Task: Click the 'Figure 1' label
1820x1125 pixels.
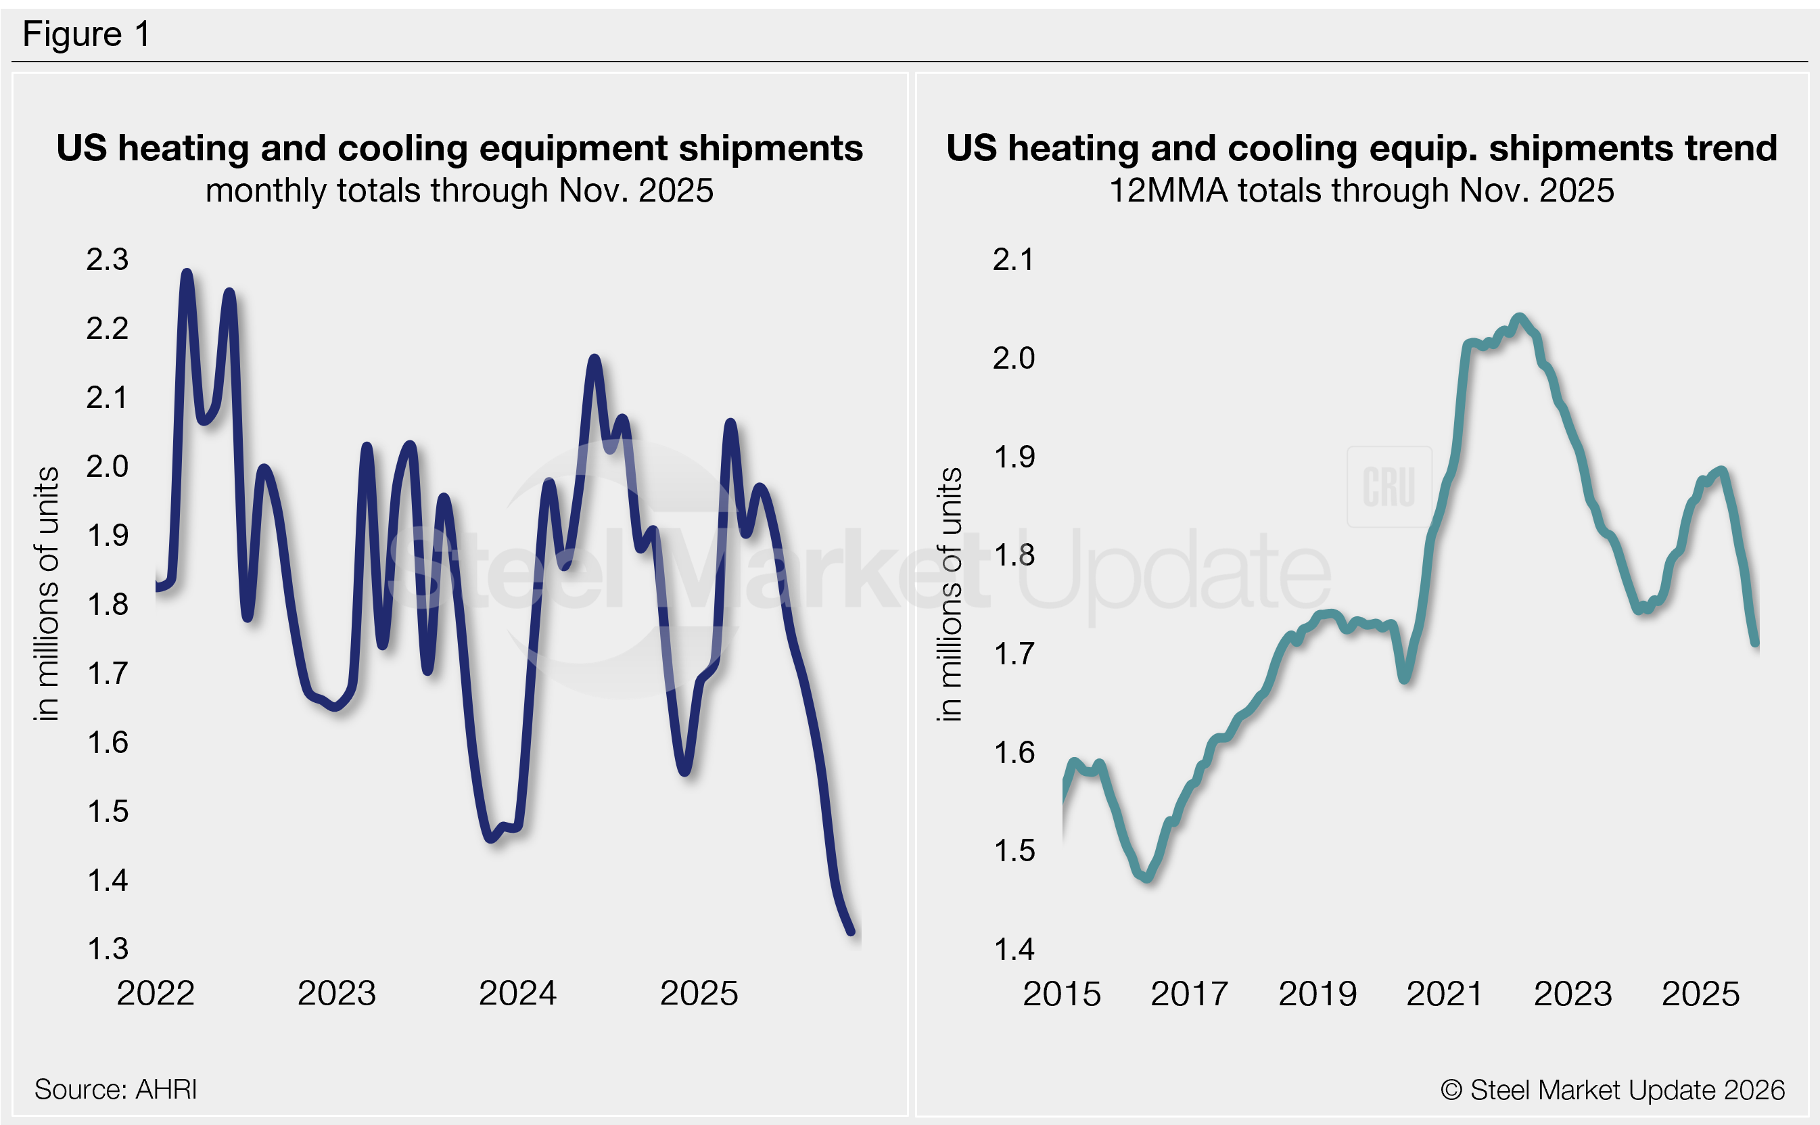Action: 87,35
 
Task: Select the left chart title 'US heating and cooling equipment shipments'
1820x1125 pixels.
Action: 460,148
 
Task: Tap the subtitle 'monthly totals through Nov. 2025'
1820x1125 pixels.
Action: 460,191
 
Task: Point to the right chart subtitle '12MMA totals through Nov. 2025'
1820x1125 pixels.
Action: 1361,191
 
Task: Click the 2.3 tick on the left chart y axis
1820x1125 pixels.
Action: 107,260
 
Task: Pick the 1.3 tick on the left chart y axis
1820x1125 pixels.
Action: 107,949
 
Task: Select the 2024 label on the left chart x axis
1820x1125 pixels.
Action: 517,993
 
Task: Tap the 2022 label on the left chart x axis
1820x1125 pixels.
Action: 156,993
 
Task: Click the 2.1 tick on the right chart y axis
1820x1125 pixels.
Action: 1013,260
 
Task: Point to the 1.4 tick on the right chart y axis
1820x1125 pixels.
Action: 1013,949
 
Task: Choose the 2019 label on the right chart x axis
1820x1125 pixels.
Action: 1317,994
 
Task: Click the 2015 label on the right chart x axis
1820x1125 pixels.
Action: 1061,994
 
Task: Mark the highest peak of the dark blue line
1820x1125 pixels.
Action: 187,273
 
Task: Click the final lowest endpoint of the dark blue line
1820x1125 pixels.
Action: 851,932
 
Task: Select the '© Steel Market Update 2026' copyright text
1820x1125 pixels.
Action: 1612,1090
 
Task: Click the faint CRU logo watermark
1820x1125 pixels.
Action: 1389,486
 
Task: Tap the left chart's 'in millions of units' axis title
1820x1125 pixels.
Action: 46,594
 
